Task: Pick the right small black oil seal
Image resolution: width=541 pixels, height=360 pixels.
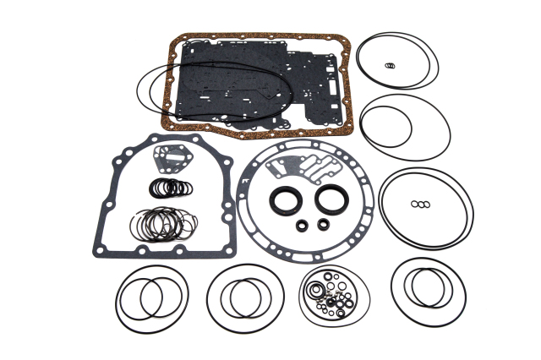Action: point(323,224)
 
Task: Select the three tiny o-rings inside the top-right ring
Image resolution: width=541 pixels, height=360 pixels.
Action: point(389,66)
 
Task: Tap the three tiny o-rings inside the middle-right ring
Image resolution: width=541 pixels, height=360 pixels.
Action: point(420,204)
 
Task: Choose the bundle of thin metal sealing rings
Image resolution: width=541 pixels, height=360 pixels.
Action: point(166,223)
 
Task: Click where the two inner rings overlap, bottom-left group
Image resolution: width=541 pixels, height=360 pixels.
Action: point(151,297)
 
